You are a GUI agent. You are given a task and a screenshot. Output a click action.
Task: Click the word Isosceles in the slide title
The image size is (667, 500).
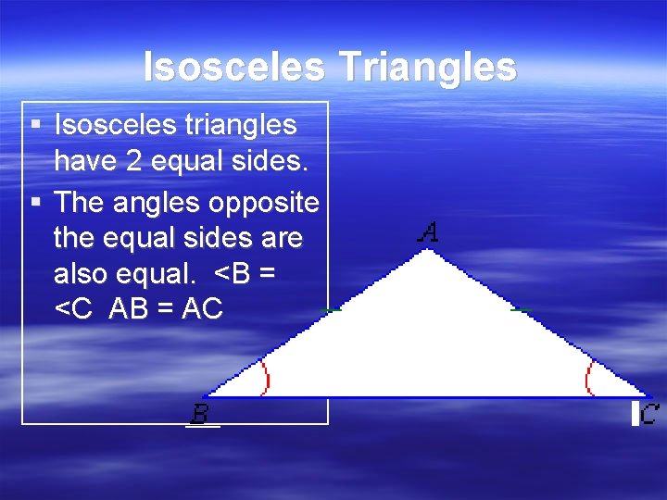[x=233, y=67]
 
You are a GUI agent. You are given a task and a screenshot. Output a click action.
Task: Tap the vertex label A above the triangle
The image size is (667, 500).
[x=427, y=232]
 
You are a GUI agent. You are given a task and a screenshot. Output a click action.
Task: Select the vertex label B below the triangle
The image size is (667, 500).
[x=199, y=413]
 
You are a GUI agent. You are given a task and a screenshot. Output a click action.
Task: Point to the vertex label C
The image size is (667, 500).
[x=649, y=413]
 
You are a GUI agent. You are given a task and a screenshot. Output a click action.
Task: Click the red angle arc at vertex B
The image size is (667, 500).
[x=266, y=378]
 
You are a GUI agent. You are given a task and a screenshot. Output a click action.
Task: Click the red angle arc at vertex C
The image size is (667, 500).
[x=588, y=378]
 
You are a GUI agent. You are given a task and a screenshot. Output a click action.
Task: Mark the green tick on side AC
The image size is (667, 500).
[x=521, y=309]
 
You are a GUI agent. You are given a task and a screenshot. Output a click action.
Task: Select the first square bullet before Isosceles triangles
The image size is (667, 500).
[x=35, y=123]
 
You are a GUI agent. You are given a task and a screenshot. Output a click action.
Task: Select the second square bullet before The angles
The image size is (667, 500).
[x=35, y=202]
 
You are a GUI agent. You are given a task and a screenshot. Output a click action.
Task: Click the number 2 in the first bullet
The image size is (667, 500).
[x=135, y=162]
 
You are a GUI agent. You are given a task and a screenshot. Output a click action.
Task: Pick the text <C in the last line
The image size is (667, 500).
[x=74, y=309]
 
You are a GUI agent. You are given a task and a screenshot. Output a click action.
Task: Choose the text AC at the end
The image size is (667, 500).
[x=202, y=309]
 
